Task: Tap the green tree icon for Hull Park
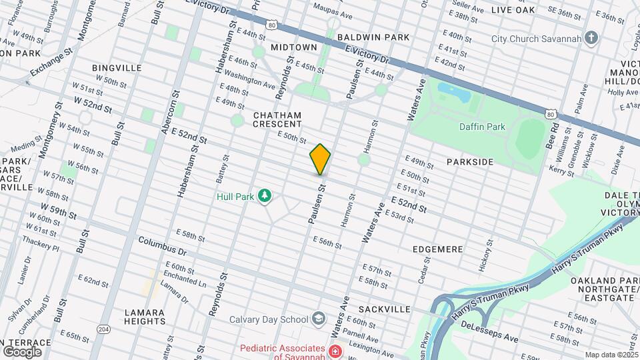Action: (x=265, y=195)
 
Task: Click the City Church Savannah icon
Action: (x=590, y=38)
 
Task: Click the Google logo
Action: (x=22, y=351)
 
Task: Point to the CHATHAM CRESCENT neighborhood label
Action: (x=277, y=119)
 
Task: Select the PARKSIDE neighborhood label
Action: (x=470, y=162)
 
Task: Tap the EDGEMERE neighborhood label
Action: (x=437, y=249)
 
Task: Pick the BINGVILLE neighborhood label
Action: (x=117, y=68)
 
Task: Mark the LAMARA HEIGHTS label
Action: (x=145, y=317)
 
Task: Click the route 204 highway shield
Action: (x=103, y=329)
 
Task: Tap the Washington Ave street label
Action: (x=250, y=79)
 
